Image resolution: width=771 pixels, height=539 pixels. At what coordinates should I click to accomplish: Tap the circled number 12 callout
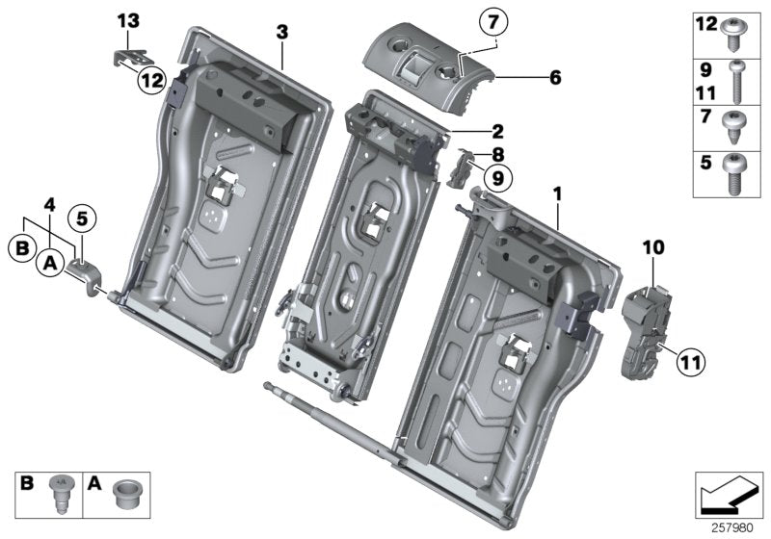click(150, 83)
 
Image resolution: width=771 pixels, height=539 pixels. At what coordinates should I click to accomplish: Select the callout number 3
click(281, 32)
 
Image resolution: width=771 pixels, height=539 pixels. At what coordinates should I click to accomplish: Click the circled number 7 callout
click(492, 19)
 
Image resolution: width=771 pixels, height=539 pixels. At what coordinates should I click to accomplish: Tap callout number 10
click(653, 247)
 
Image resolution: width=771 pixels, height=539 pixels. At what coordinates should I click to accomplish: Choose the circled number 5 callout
click(82, 220)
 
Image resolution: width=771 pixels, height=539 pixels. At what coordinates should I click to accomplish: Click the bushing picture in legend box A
click(124, 496)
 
